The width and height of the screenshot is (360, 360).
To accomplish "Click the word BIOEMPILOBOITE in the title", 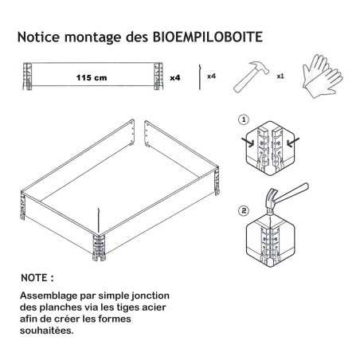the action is (x=208, y=37).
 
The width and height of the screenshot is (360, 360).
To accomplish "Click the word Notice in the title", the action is (x=39, y=37).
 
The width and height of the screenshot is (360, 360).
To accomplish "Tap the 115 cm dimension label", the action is (x=92, y=78).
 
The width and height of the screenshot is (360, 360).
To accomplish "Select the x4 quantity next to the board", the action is (x=175, y=78).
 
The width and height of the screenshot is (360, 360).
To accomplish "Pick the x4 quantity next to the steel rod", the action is (x=211, y=76).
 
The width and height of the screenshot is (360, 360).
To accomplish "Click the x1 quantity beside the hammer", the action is (x=280, y=76).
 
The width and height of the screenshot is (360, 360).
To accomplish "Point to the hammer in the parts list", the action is (x=251, y=77).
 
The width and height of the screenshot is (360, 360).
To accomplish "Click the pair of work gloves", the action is (x=323, y=76).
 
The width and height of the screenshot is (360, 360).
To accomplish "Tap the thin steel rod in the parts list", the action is (x=199, y=76).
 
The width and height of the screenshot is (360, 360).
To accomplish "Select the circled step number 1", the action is (x=244, y=119).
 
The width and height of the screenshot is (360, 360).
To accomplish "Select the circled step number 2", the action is (x=244, y=211).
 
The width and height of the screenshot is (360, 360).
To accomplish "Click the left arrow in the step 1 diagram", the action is (x=248, y=143).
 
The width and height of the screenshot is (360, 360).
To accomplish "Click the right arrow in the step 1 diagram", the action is (x=293, y=143).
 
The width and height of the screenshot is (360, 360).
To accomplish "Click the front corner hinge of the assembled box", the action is (x=99, y=248).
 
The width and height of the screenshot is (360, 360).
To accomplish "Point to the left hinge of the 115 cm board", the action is (x=27, y=76).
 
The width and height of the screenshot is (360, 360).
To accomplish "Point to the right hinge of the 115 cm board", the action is (x=158, y=76).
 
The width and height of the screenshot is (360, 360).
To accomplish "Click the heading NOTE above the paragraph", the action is (x=37, y=278).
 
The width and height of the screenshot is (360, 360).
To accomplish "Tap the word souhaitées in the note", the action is (x=47, y=331).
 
